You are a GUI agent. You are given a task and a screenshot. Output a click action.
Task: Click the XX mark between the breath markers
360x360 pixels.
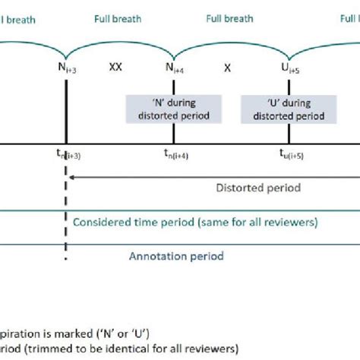click(x=115, y=67)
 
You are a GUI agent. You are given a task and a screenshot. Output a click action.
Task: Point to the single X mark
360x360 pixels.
click(x=226, y=67)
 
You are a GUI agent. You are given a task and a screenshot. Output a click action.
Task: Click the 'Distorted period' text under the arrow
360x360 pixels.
click(x=258, y=188)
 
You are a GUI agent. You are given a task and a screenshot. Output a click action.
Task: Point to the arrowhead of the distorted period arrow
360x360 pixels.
click(x=70, y=177)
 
